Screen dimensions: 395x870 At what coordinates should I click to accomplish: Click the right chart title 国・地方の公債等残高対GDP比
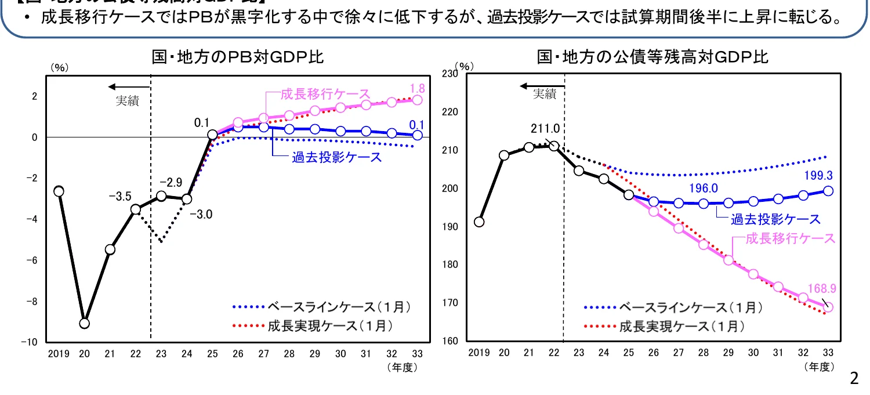tap(652, 57)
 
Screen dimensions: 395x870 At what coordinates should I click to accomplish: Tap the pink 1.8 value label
tap(416, 89)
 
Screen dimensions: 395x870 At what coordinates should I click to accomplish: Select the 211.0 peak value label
tap(545, 128)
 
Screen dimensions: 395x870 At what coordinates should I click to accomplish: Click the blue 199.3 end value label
tap(818, 175)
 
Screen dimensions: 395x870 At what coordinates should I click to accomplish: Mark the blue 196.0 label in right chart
tap(704, 189)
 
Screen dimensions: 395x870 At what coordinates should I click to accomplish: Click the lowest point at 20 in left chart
tap(85, 323)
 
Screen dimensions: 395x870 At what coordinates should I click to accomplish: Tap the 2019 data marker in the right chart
tap(479, 222)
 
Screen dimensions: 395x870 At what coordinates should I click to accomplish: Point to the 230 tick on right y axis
tap(450, 74)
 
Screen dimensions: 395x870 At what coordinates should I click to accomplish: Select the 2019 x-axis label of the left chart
tap(59, 354)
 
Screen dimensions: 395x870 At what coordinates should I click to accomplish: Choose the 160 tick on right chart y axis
tap(450, 341)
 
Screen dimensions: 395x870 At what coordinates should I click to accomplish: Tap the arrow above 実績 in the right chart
tap(539, 86)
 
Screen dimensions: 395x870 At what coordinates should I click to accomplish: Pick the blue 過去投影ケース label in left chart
tap(336, 157)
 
